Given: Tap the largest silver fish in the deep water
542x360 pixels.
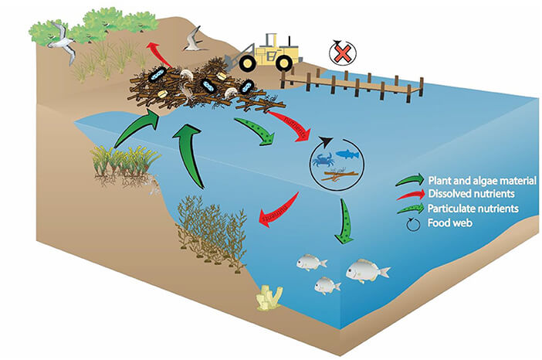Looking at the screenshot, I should pos(367,270).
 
